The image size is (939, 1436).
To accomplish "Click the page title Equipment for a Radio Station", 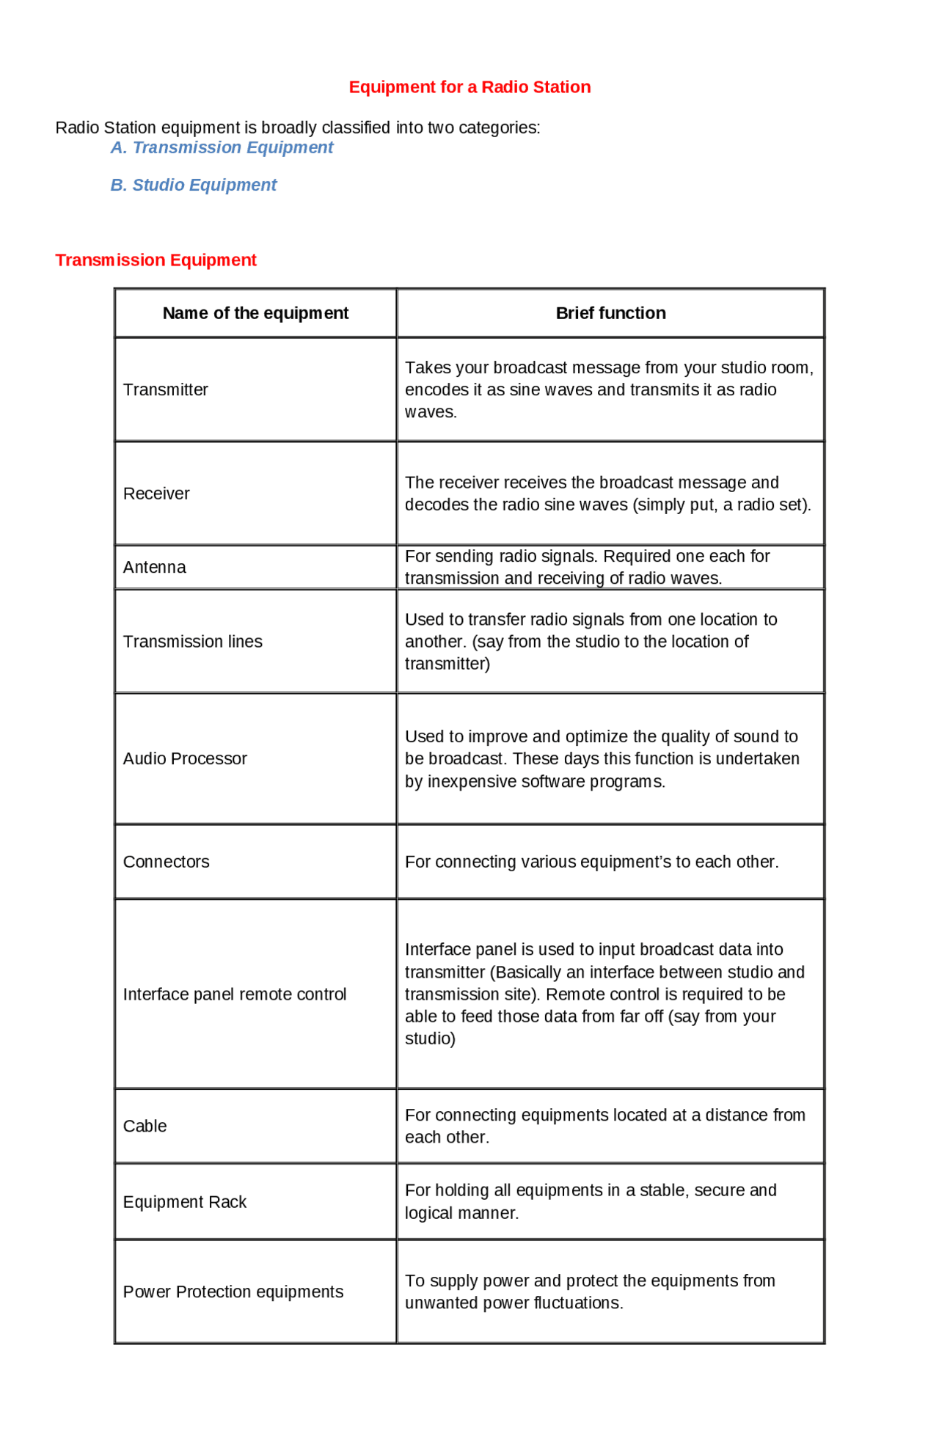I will click(469, 87).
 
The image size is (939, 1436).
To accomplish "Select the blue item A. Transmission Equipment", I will click(222, 148).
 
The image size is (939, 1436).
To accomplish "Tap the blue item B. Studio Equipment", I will click(194, 186).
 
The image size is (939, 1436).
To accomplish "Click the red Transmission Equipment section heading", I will click(156, 260).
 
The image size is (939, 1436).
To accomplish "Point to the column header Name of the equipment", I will click(255, 313).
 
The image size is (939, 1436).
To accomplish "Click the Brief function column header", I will click(610, 313).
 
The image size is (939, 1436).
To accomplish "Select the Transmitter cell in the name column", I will click(166, 390).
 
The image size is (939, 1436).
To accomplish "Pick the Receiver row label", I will click(156, 494).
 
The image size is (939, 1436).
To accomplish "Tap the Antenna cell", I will click(155, 568).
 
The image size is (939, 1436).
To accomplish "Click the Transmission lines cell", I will click(192, 642).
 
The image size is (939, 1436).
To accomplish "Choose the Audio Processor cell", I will click(185, 759).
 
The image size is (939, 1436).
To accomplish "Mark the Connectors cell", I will click(167, 862).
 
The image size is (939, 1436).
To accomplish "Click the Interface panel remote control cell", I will click(235, 995).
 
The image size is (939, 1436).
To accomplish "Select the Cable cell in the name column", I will click(145, 1127).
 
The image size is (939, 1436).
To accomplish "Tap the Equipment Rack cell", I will click(185, 1203).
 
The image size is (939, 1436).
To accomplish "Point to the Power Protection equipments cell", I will click(233, 1292).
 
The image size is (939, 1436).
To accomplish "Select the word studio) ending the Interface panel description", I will click(431, 1039).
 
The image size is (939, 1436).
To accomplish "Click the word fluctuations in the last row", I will click(577, 1303).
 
